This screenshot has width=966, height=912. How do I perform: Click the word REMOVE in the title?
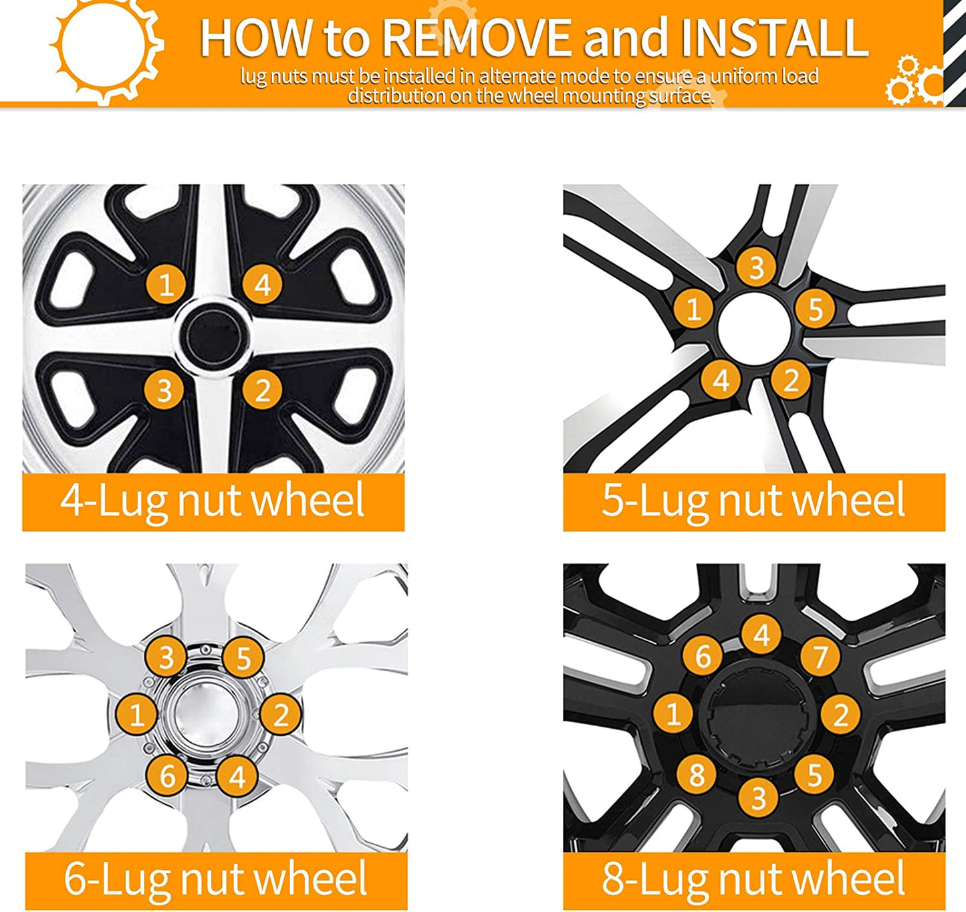pyautogui.click(x=477, y=37)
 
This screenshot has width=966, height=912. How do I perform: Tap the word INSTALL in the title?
pyautogui.click(x=774, y=37)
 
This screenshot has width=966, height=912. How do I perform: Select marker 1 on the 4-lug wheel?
pyautogui.click(x=166, y=284)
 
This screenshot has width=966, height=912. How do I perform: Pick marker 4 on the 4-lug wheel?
pyautogui.click(x=262, y=284)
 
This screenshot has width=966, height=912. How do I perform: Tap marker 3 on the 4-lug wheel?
pyautogui.click(x=164, y=390)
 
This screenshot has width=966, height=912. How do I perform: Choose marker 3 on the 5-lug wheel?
pyautogui.click(x=756, y=267)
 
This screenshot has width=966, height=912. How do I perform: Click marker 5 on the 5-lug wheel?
pyautogui.click(x=815, y=308)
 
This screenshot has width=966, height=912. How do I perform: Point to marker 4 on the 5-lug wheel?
pyautogui.click(x=721, y=380)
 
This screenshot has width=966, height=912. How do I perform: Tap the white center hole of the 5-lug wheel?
pyautogui.click(x=753, y=327)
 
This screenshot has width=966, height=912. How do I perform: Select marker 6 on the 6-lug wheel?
pyautogui.click(x=167, y=776)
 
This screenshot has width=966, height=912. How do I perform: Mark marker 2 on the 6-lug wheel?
pyautogui.click(x=281, y=714)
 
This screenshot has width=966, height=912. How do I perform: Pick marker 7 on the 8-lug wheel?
pyautogui.click(x=820, y=657)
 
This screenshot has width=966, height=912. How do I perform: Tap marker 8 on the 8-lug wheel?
pyautogui.click(x=697, y=774)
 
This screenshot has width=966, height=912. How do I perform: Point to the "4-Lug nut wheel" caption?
pyautogui.click(x=213, y=501)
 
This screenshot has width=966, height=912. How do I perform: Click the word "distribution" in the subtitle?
pyautogui.click(x=396, y=96)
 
